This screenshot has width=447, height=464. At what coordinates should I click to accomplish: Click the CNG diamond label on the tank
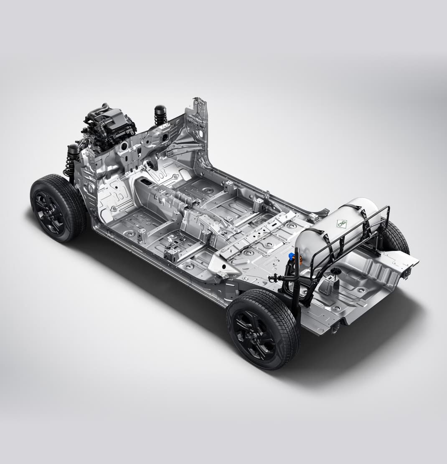[x=341, y=223]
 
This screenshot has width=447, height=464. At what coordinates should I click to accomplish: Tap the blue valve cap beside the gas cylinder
[x=291, y=255]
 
